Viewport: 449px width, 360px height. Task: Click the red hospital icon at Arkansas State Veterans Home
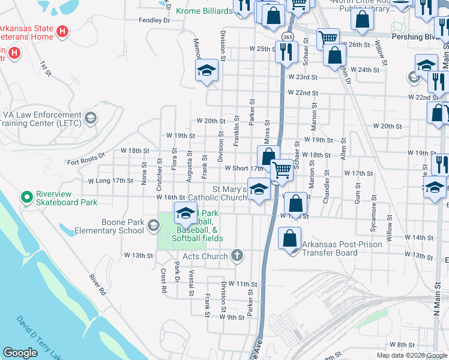[61, 31]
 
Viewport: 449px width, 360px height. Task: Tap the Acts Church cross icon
[237, 256]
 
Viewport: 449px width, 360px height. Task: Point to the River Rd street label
[97, 284]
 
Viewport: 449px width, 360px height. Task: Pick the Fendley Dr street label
[154, 20]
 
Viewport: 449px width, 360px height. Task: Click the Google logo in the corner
[20, 353]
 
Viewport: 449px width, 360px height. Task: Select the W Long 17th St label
[110, 180]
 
